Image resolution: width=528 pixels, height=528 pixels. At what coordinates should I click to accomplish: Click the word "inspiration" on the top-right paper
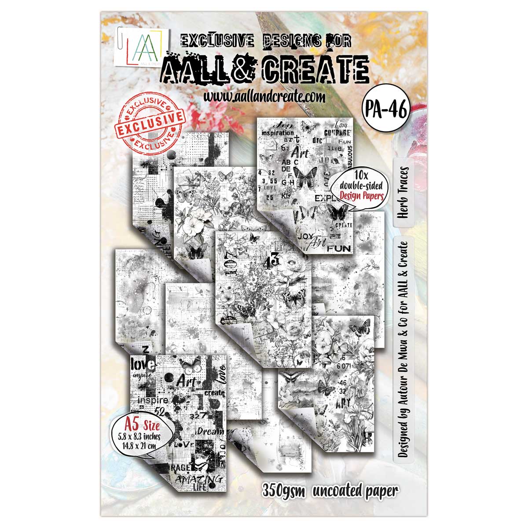pos(277,132)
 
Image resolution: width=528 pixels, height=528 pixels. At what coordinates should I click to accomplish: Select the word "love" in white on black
pos(143,364)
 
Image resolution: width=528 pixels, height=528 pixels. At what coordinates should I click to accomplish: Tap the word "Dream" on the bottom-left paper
pos(210,432)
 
